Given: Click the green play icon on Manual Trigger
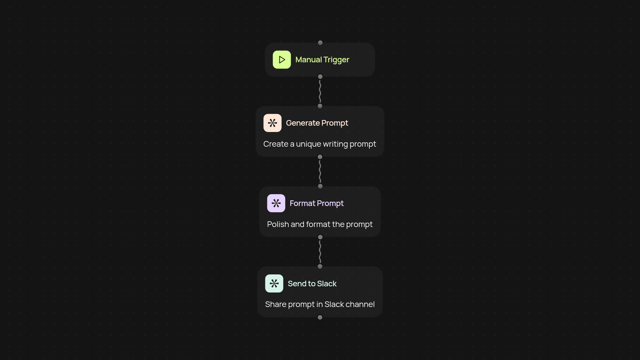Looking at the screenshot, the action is click(x=282, y=60).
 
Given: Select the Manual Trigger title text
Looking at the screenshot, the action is click(x=322, y=60).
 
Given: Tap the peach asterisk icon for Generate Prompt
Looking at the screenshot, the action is click(x=272, y=123).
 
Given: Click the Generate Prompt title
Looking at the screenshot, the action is click(x=317, y=123).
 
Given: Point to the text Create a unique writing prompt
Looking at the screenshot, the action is click(x=320, y=144).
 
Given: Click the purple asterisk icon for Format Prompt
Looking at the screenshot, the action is click(x=276, y=203).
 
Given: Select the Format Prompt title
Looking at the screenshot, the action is click(x=317, y=203).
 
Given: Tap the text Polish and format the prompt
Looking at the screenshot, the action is click(x=320, y=224).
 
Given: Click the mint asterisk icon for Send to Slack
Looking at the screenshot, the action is click(x=274, y=283).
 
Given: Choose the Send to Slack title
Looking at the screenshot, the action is click(x=312, y=284).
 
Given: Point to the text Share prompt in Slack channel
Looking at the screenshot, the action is click(x=320, y=304).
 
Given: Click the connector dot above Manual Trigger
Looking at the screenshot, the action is click(x=320, y=43).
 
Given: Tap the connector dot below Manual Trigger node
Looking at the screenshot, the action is click(x=320, y=77).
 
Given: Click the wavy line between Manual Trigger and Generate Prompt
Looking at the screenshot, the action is click(x=320, y=91).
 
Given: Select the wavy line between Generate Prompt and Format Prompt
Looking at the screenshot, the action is click(x=320, y=171).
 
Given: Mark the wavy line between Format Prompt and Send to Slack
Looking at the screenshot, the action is click(x=320, y=252).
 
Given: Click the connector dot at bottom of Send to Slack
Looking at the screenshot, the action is click(x=320, y=317).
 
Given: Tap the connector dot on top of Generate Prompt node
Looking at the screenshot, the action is click(x=320, y=106).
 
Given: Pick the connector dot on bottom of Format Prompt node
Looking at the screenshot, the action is click(x=320, y=237).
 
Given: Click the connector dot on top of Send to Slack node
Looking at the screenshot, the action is click(x=320, y=267).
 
